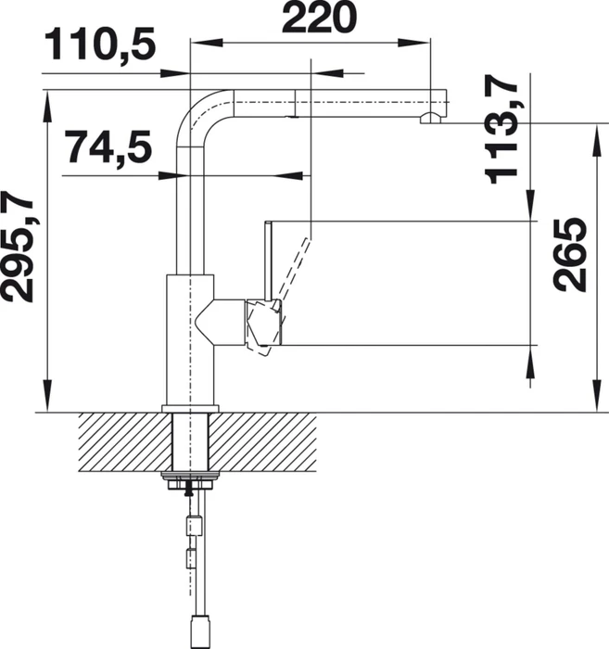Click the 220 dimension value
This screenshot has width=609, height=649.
[319, 17]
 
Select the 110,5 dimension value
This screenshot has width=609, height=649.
[100, 45]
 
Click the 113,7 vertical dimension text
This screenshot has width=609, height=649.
[501, 129]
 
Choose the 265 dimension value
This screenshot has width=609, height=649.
[569, 254]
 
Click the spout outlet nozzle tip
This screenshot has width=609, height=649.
[431, 119]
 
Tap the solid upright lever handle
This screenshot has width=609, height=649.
[268, 261]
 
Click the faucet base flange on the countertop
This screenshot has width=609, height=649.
[190, 409]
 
